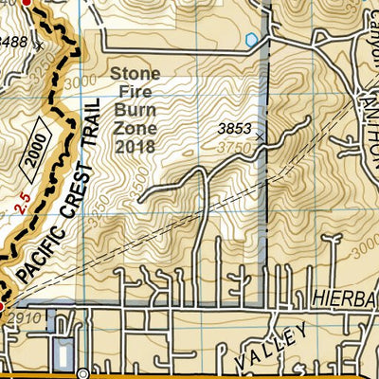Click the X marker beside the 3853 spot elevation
[260, 136]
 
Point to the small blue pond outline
[251, 40]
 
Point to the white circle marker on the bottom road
[81, 373]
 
